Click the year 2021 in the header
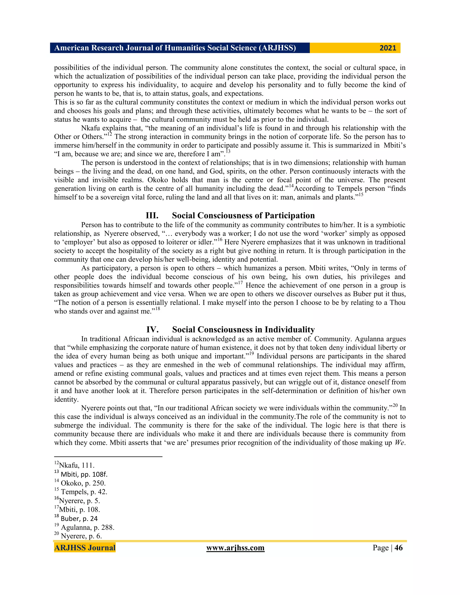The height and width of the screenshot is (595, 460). tap(388, 48)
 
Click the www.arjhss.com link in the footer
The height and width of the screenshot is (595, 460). tap(235, 548)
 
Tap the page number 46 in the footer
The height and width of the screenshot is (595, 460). tap(398, 548)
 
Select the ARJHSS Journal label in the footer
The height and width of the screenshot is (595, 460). tap(85, 548)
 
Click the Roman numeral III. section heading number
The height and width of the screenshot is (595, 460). tap(152, 216)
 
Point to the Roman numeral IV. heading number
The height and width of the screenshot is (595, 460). tap(152, 330)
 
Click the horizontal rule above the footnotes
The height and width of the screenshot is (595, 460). tap(108, 457)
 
